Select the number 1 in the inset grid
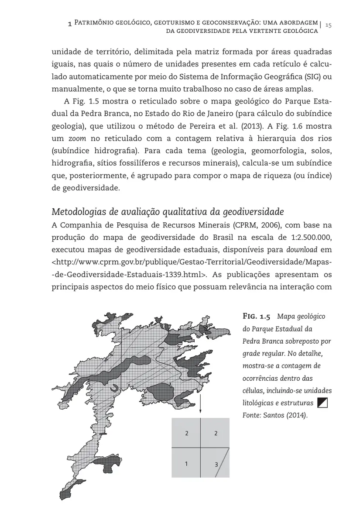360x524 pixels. pos(186,463)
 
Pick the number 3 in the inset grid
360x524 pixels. pos(216,465)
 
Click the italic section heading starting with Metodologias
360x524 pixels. pos(168,212)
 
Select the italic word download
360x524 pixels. pos(302,250)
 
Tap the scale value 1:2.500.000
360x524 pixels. pos(307,238)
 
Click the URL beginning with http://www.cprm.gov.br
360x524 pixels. pos(192,262)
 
